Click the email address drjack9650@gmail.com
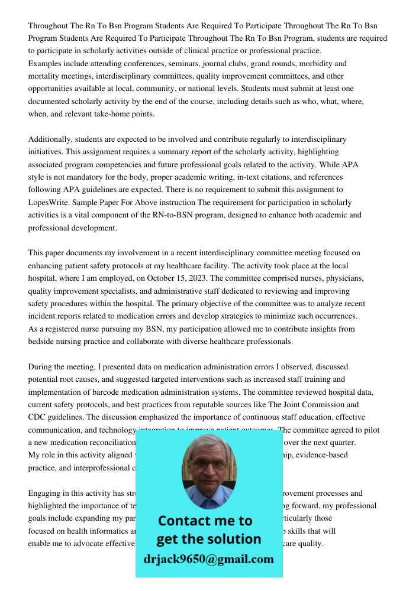tap(208, 559)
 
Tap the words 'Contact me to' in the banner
tap(205, 521)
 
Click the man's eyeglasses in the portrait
tap(208, 463)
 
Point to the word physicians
tap(333, 278)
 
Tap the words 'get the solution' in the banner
tap(208, 539)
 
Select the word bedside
tap(44, 342)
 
